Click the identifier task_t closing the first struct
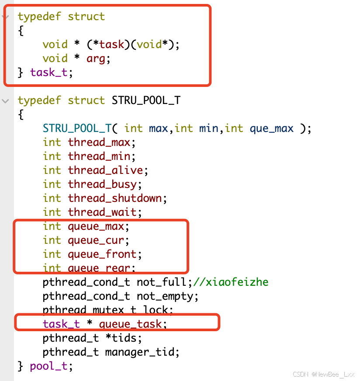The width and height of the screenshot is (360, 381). (49, 72)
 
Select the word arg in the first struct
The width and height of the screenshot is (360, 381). (96, 58)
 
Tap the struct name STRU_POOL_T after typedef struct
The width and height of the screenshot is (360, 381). (146, 100)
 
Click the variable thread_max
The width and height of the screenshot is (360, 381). (102, 142)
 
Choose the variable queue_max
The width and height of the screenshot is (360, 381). (99, 226)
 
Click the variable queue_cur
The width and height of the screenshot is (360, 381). (99, 240)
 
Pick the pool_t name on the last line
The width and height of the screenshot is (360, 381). (49, 366)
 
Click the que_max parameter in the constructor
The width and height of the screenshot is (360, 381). (271, 128)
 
